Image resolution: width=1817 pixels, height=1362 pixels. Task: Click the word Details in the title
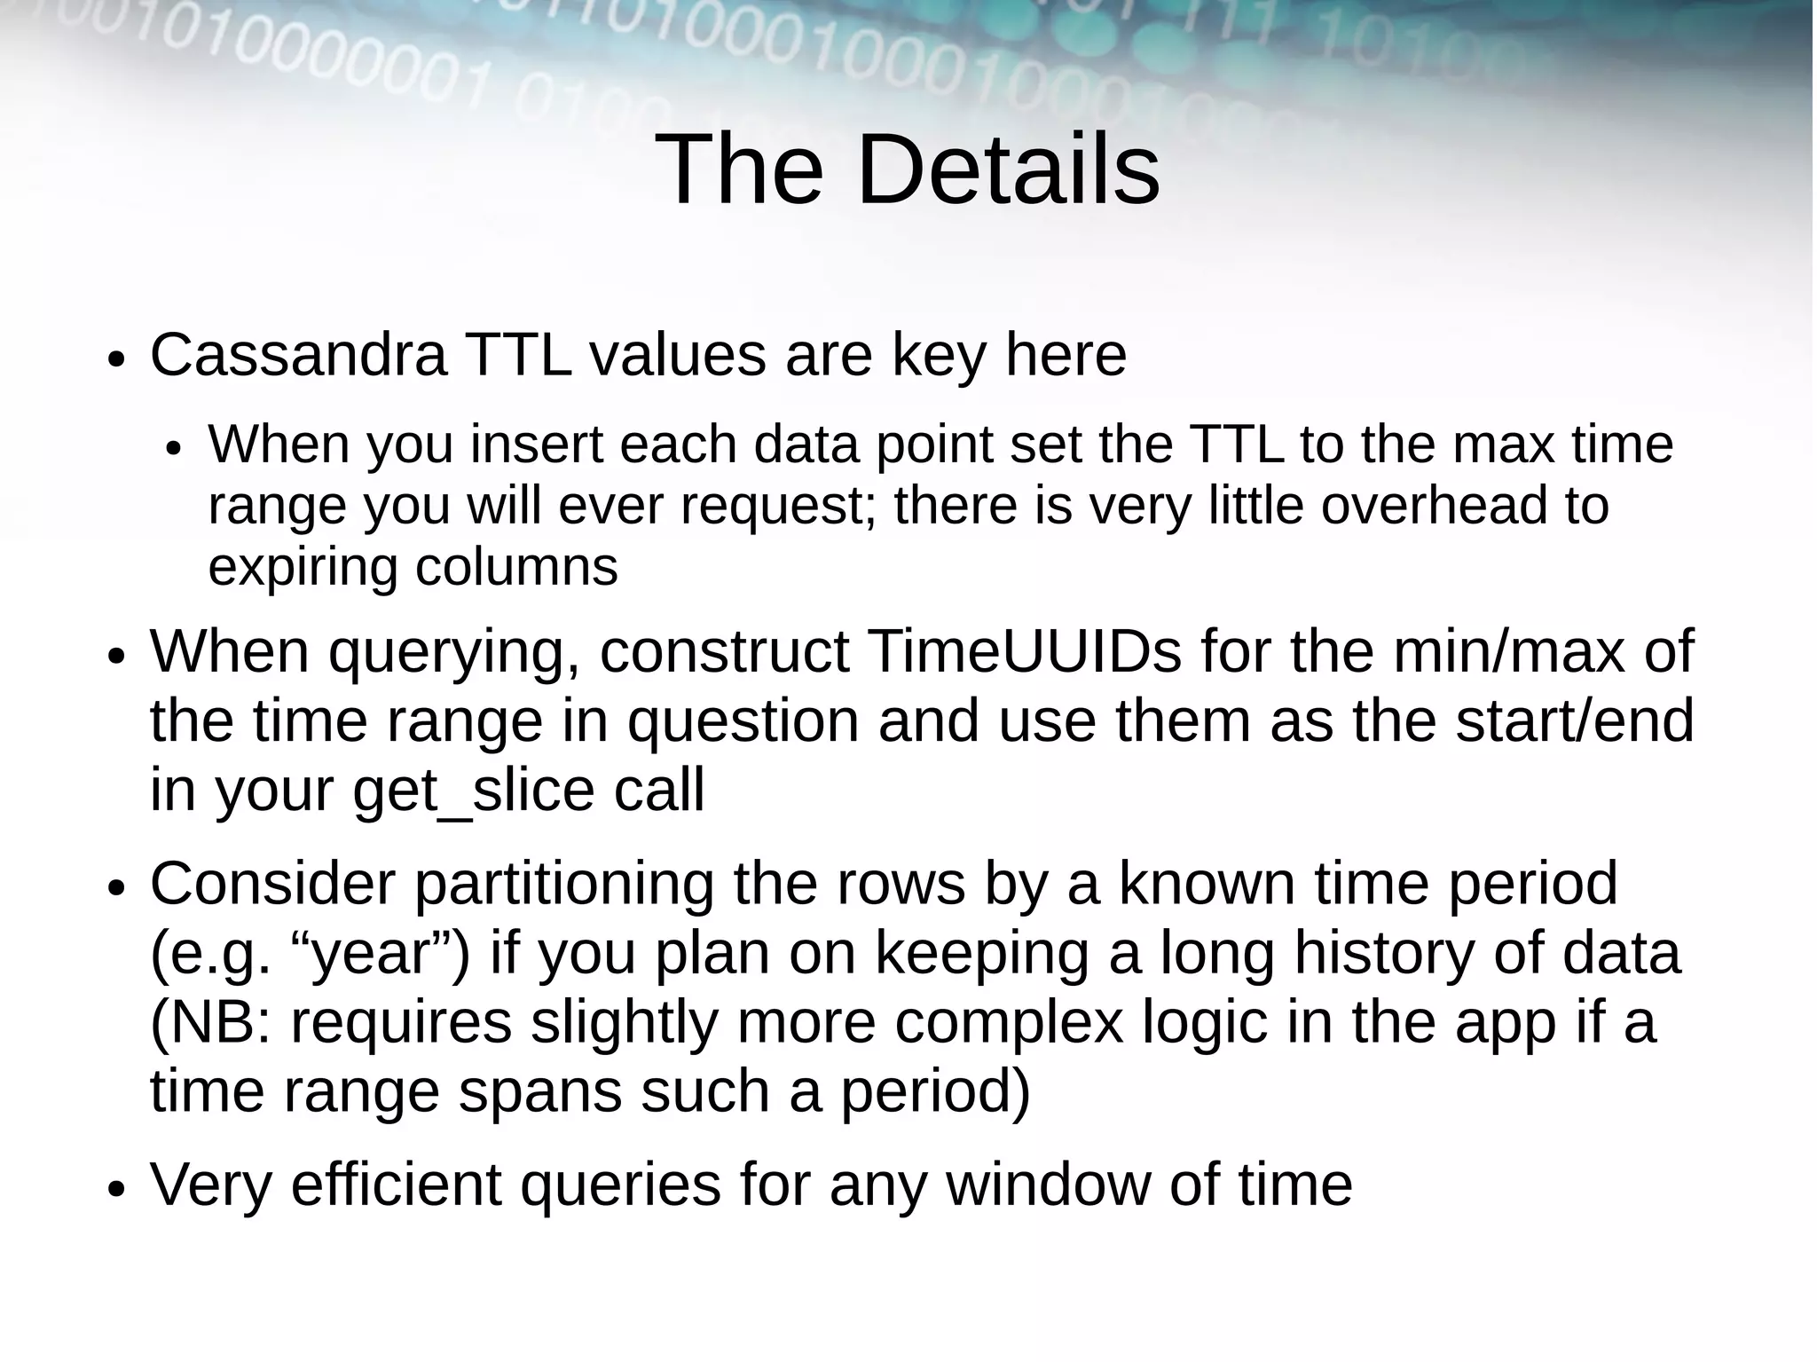click(x=1008, y=169)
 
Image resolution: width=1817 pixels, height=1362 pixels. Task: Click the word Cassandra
click(x=298, y=355)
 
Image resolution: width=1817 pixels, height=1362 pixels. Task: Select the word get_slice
click(x=473, y=790)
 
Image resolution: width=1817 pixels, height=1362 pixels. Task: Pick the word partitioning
click(x=564, y=884)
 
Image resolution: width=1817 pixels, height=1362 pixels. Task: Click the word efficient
click(x=396, y=1185)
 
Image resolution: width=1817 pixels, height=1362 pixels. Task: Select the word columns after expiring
click(x=516, y=567)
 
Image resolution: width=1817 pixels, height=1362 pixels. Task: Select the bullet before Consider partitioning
click(x=116, y=890)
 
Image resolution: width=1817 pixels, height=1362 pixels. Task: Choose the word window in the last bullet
click(x=1048, y=1185)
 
